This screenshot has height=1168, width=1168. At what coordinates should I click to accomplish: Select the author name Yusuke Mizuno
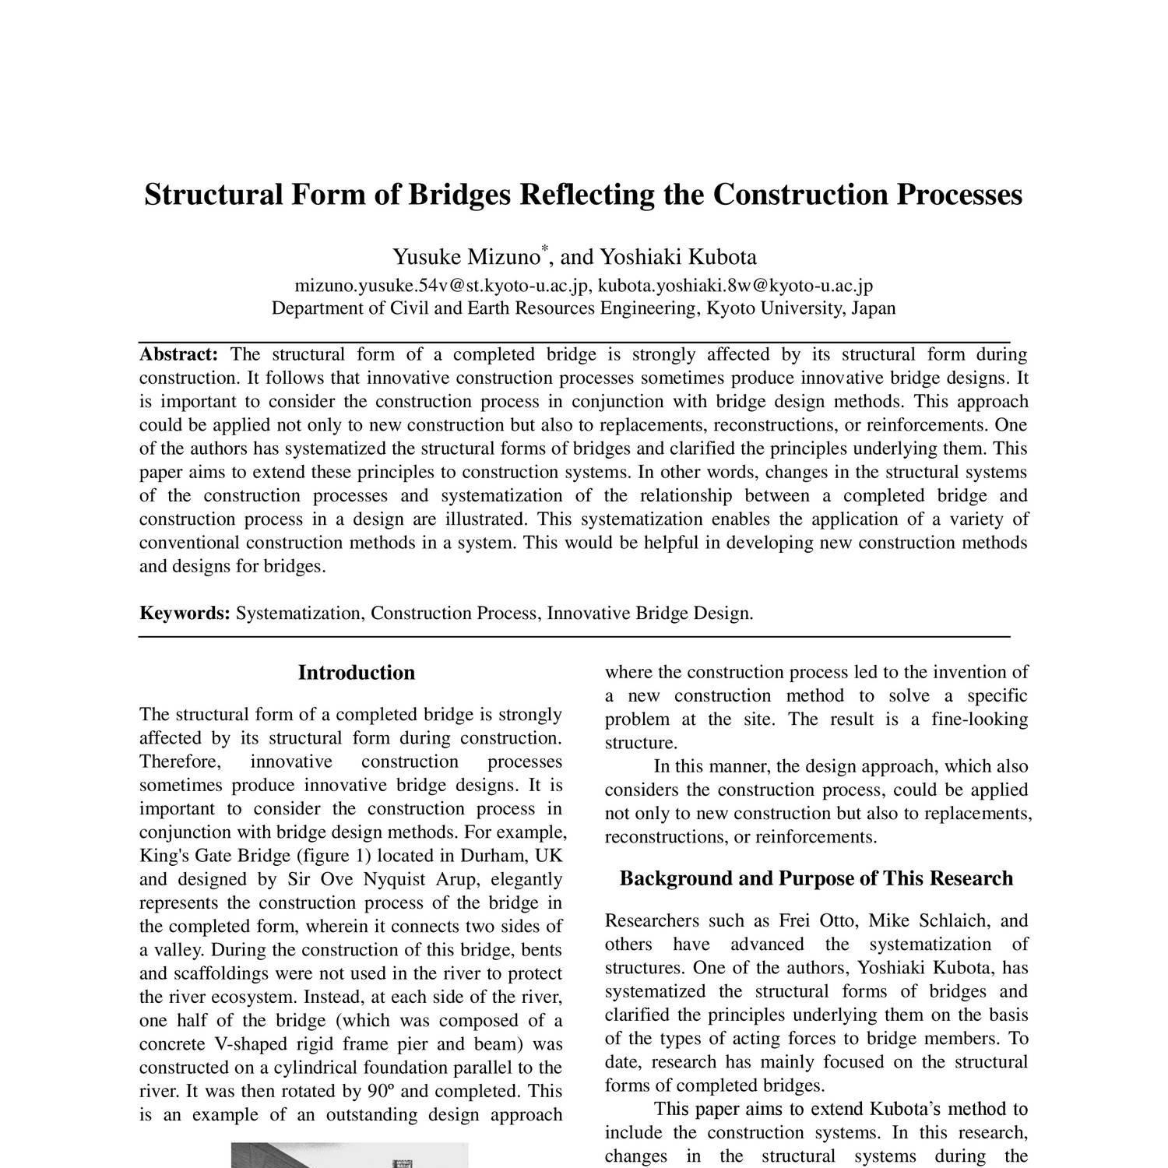[x=466, y=257]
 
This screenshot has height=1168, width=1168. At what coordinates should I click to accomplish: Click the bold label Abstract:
[x=178, y=355]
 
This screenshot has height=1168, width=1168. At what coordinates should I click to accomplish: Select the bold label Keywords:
[x=185, y=614]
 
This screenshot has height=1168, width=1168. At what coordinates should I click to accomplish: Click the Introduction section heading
[x=356, y=673]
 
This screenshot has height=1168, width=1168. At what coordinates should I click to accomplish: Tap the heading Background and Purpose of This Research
[x=816, y=879]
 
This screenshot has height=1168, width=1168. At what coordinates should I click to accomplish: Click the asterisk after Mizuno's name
[x=545, y=248]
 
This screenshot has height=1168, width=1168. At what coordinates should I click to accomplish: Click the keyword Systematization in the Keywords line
[x=298, y=614]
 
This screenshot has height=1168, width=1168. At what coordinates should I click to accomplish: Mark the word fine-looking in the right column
[x=980, y=719]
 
